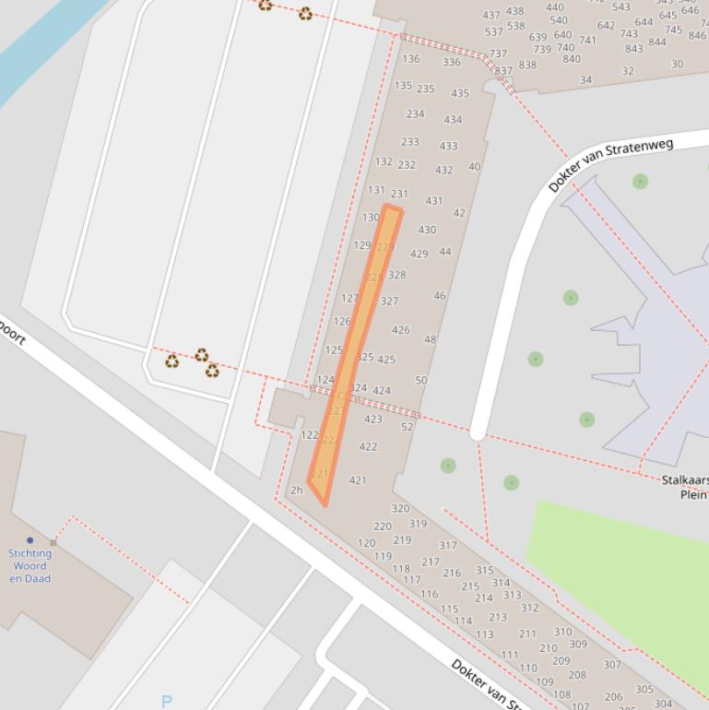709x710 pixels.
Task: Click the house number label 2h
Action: click(296, 491)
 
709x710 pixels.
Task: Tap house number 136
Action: click(410, 59)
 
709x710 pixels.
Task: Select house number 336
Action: click(451, 63)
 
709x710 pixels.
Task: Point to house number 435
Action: click(459, 93)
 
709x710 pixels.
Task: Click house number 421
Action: click(358, 479)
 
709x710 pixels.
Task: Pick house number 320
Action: click(400, 508)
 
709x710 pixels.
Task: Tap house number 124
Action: click(325, 380)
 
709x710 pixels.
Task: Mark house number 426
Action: click(400, 329)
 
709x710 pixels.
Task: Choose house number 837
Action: click(503, 71)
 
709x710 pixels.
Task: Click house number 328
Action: click(396, 275)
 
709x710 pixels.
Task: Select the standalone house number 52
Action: click(408, 427)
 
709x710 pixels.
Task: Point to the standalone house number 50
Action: click(421, 380)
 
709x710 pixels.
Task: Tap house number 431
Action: click(433, 201)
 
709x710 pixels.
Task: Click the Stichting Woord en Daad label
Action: click(30, 566)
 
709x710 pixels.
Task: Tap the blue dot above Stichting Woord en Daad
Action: click(30, 540)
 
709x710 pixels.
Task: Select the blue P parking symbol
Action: click(166, 701)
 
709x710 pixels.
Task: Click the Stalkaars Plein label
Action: click(685, 487)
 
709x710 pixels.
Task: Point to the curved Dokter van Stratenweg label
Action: click(610, 164)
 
